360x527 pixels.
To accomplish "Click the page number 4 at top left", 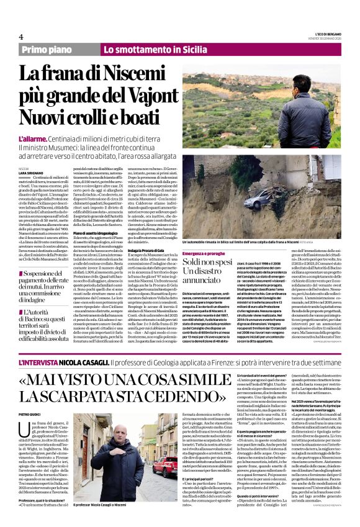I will pos(20,37).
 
